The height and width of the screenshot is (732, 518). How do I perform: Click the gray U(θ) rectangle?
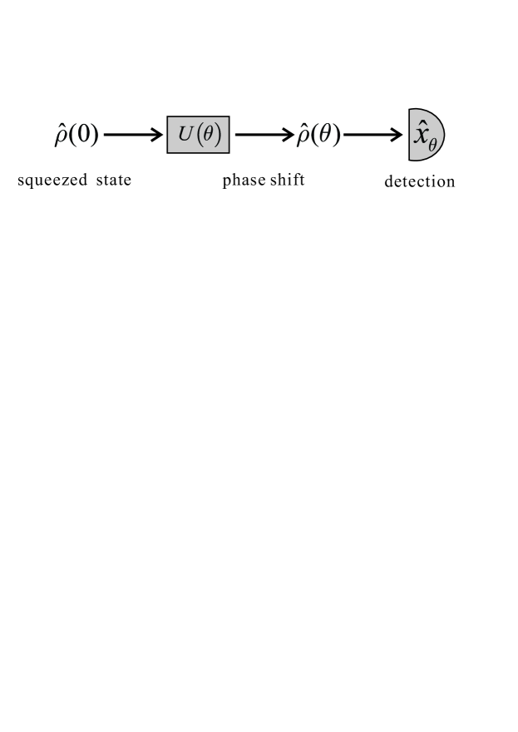coord(198,135)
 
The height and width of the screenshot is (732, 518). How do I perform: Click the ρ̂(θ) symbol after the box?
coord(318,135)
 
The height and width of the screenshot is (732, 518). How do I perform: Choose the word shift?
coord(286,180)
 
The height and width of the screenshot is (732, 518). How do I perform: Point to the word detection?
coord(420,181)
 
